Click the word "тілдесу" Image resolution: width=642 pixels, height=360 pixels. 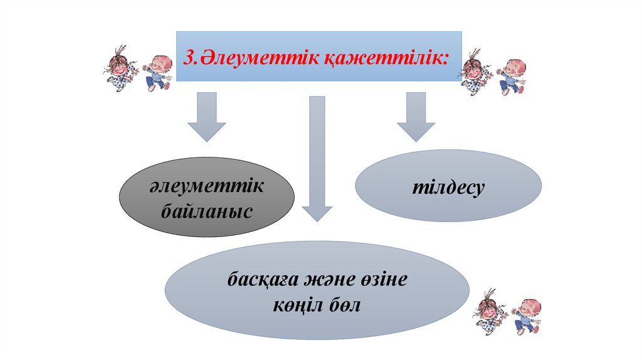coord(448,188)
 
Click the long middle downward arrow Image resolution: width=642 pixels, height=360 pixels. coord(317,157)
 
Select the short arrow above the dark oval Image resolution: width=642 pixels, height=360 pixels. coord(206,115)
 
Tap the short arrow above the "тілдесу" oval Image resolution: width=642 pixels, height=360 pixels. coord(416,115)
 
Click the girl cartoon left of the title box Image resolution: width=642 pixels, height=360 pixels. coord(118,68)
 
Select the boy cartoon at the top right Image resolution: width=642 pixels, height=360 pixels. coord(512,76)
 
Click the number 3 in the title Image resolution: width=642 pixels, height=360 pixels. coord(187,58)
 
